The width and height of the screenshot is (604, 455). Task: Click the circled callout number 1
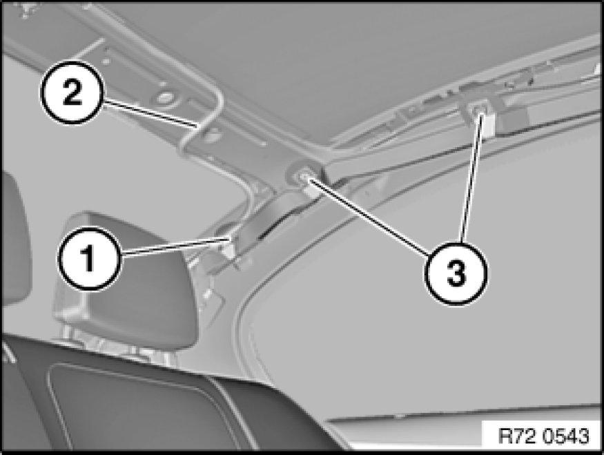point(89,258)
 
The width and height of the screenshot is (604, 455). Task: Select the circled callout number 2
point(72,92)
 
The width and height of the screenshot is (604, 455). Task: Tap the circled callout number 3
point(456,273)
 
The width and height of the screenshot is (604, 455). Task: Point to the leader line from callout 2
point(150,113)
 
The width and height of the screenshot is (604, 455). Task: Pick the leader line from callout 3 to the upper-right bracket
point(470,177)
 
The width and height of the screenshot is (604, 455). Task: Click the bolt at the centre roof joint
point(304,176)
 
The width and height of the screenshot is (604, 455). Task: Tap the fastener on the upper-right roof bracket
point(478,110)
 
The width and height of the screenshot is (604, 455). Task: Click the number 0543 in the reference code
point(566,436)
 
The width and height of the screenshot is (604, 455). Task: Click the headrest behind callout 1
point(127,281)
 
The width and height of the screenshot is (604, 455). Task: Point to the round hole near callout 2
point(164,98)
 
